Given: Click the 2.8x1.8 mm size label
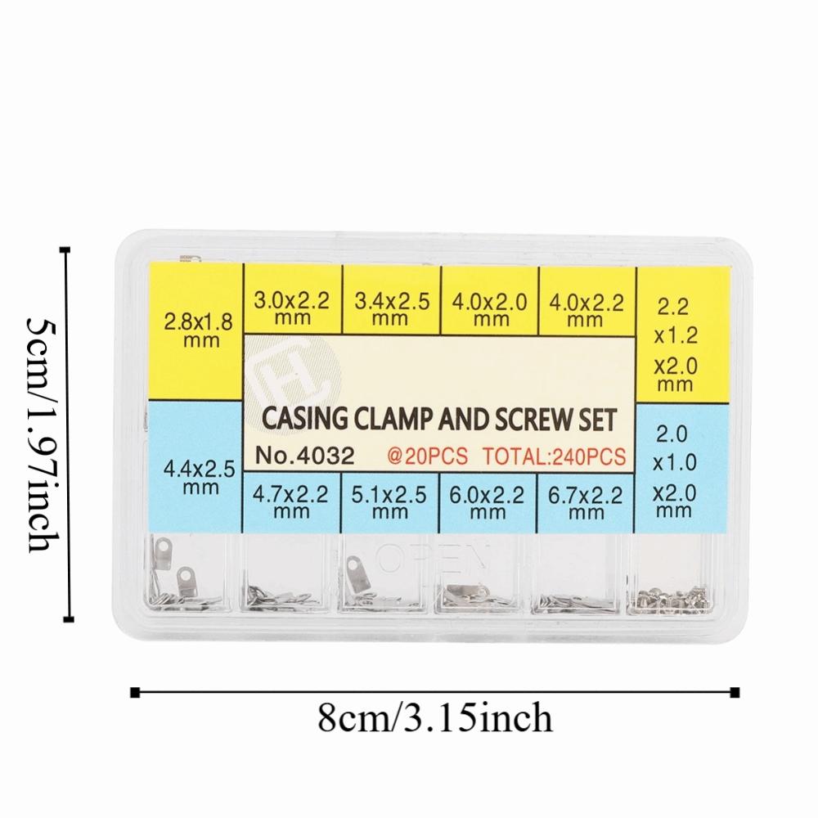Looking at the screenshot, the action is (x=198, y=330).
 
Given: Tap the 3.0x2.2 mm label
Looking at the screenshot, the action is (x=292, y=308).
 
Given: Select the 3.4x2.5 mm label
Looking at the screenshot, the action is (x=391, y=309).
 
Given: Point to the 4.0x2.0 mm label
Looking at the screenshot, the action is (x=489, y=310).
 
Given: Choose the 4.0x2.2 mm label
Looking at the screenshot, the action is (x=586, y=312).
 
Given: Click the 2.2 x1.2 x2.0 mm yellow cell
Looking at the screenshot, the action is (x=682, y=335).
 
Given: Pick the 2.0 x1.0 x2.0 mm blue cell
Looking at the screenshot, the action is (x=681, y=468).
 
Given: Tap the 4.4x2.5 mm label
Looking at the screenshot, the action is (x=200, y=478).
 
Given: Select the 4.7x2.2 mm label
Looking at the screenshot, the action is (x=290, y=502).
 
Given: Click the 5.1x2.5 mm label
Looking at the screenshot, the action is (x=389, y=502).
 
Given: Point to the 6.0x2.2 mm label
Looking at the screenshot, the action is (x=487, y=503).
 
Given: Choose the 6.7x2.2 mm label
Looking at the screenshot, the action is (x=585, y=503).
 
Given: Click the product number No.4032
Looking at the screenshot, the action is (x=304, y=456).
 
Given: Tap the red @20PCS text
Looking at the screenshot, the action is (x=427, y=456).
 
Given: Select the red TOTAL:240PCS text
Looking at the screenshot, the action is (x=554, y=457).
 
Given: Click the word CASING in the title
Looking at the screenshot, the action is (x=304, y=418).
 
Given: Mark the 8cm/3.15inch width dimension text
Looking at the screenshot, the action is (x=434, y=718).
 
